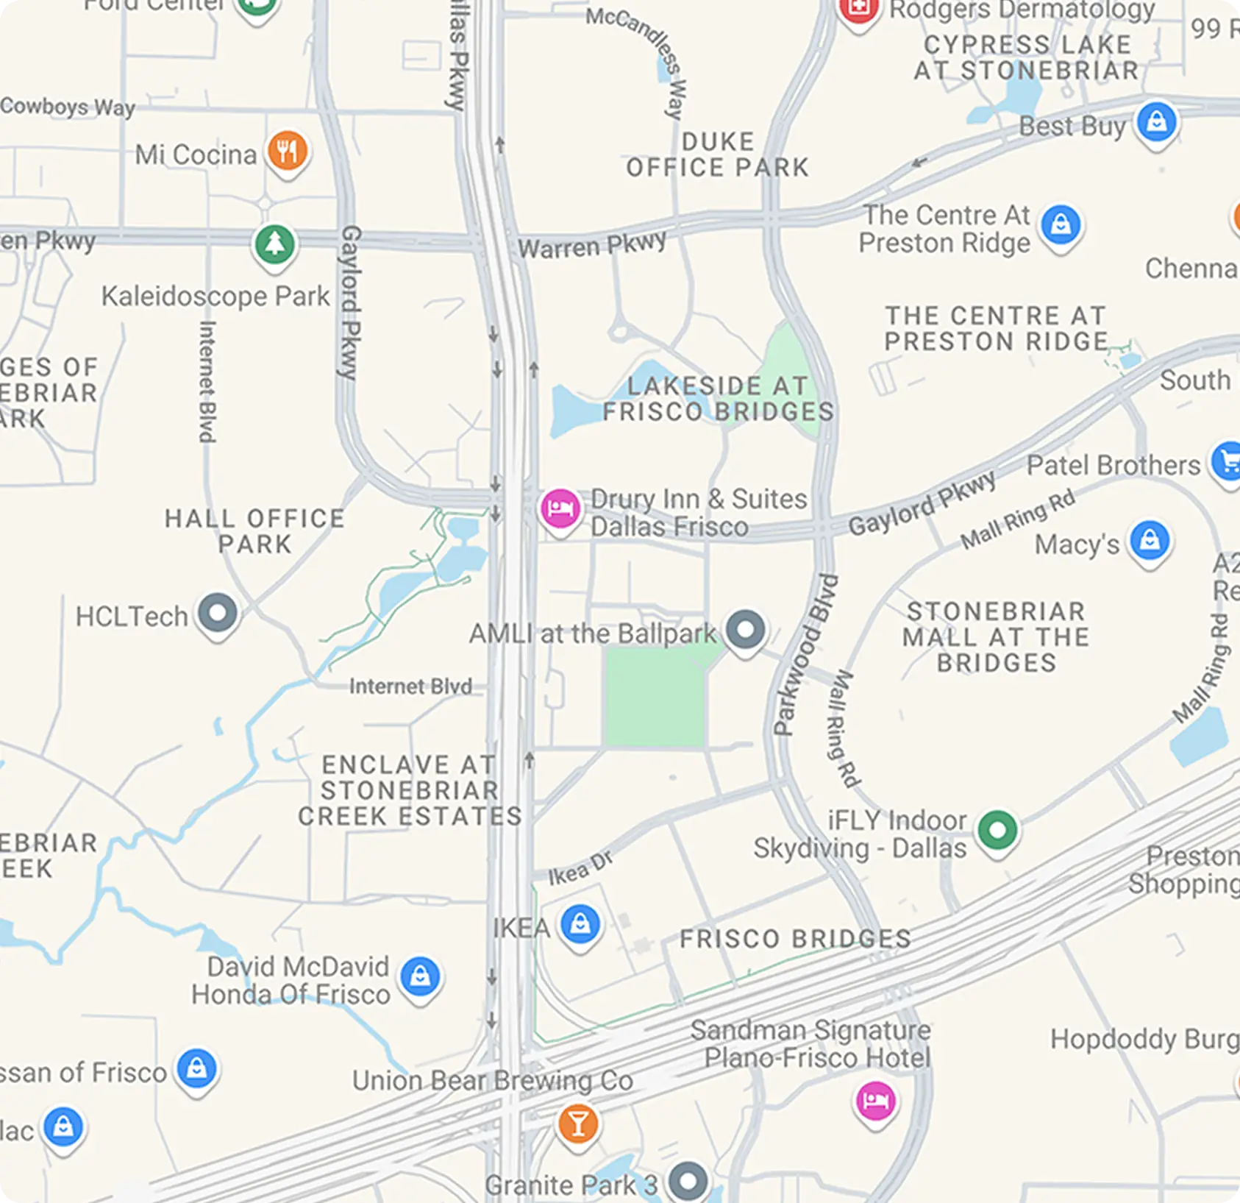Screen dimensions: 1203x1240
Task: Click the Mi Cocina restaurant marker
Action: tap(287, 151)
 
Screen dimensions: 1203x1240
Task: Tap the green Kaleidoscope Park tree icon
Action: tap(275, 244)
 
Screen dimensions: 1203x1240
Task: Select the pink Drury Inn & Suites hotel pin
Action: tap(560, 508)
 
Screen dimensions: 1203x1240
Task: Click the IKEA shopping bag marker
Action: tap(580, 924)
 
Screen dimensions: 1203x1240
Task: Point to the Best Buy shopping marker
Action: tap(1156, 122)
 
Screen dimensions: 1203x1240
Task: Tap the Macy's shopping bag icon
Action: tap(1150, 541)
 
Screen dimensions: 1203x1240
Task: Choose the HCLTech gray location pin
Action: tap(218, 613)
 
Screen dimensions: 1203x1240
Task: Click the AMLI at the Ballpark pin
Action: tap(745, 630)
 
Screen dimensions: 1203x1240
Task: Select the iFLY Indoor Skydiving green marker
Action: tap(997, 830)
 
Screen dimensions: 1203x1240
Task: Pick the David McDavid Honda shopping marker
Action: tap(420, 977)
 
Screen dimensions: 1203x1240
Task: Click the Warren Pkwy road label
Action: tap(592, 244)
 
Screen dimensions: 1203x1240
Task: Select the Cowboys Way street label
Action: tap(68, 107)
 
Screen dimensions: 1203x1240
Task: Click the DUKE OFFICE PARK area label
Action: tap(717, 155)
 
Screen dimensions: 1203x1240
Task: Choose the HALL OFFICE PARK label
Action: tap(254, 530)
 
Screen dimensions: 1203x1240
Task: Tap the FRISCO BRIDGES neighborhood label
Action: tap(795, 939)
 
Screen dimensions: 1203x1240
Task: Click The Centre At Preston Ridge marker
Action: tap(1060, 224)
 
